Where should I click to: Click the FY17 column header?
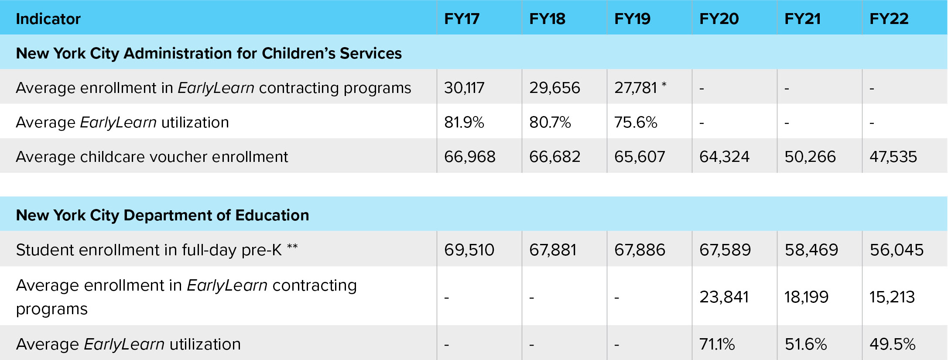[x=462, y=19]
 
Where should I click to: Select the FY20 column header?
[x=719, y=19]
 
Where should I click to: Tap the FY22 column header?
[x=889, y=19]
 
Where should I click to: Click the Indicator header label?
[x=48, y=19]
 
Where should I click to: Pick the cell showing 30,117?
[x=464, y=88]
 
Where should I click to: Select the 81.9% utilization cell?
[x=464, y=122]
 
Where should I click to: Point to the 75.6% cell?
[x=636, y=122]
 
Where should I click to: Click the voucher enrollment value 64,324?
[x=724, y=157]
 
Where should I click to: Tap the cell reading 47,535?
[x=893, y=157]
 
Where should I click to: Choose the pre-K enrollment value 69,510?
[x=469, y=250]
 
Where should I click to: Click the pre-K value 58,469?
[x=811, y=250]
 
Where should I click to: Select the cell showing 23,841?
[x=724, y=297]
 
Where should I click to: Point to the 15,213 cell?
[x=892, y=297]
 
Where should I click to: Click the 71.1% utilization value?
[x=717, y=344]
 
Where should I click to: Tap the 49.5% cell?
[x=892, y=344]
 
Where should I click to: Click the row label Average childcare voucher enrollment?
[x=152, y=157]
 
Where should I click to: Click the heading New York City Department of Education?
[x=162, y=215]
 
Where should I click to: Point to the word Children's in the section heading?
[x=298, y=53]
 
